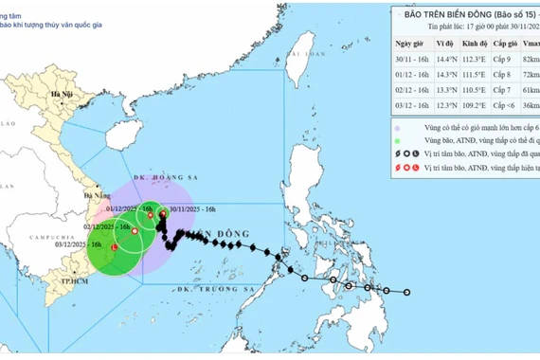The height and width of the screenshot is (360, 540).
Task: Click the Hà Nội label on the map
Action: (63, 96)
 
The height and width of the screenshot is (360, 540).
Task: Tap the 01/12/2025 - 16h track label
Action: (127, 208)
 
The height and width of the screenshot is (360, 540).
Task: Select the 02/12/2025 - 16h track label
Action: (107, 227)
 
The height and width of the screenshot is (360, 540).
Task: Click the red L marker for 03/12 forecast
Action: (115, 249)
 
